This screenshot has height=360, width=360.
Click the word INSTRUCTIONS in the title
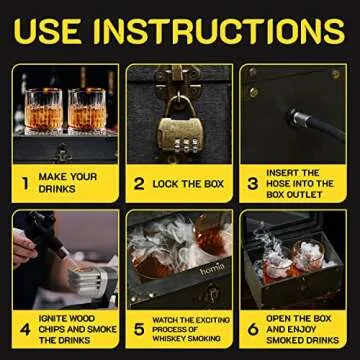[221, 32]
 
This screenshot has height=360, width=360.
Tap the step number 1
[25, 184]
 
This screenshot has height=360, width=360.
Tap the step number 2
[139, 184]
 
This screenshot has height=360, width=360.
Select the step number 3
[253, 184]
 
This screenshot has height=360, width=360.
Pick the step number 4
[25, 328]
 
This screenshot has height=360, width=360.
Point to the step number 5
[139, 328]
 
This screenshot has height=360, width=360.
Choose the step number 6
[253, 328]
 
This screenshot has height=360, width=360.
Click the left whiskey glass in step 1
[45, 110]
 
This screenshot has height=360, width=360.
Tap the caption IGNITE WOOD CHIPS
[76, 328]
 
